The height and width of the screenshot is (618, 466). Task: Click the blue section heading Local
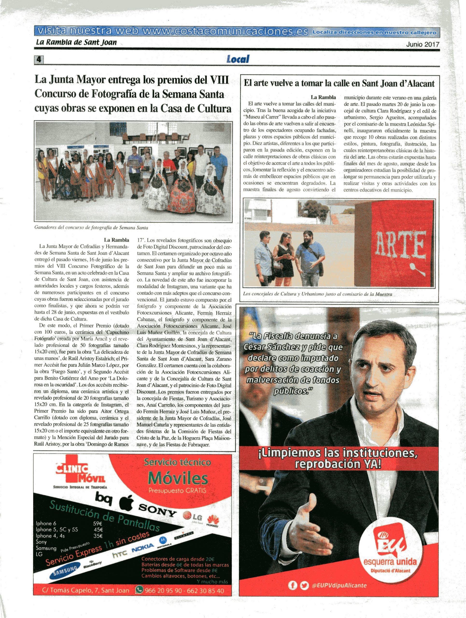[x=238, y=59]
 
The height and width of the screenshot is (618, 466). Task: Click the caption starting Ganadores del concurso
[x=91, y=228]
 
